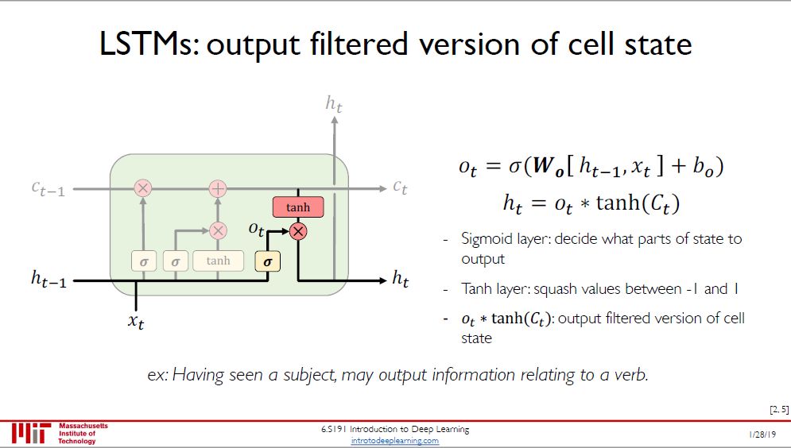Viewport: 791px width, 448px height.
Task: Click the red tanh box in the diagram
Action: (298, 207)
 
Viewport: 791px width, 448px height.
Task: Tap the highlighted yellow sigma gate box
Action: (267, 261)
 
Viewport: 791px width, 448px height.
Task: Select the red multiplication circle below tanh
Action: (298, 231)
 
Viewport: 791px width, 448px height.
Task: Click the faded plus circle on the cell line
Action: (218, 188)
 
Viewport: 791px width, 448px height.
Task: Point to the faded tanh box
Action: (218, 261)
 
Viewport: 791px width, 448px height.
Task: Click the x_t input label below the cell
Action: (137, 322)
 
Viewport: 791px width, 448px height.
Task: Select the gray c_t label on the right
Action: (400, 187)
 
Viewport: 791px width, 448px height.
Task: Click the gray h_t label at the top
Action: (335, 102)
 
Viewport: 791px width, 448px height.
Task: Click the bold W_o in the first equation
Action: (542, 168)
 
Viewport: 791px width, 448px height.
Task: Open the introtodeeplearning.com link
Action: (395, 440)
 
